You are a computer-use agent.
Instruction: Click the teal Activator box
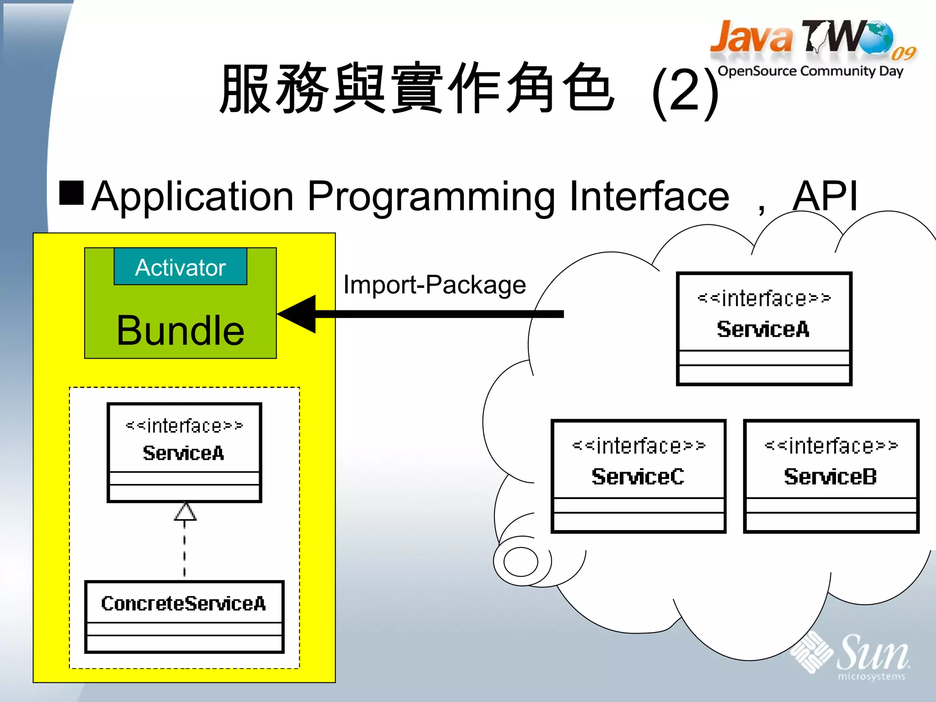click(x=180, y=267)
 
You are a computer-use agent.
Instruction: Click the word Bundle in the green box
click(x=180, y=330)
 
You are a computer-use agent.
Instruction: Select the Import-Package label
click(x=434, y=285)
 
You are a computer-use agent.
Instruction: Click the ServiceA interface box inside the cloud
click(x=764, y=329)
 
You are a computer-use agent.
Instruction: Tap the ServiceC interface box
click(x=638, y=476)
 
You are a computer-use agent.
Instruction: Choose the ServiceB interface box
click(x=830, y=476)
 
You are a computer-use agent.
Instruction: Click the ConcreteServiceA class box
click(x=184, y=616)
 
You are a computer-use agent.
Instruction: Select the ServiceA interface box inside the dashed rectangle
click(x=184, y=452)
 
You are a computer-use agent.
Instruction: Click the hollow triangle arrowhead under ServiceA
click(x=185, y=513)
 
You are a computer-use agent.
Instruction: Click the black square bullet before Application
click(x=71, y=193)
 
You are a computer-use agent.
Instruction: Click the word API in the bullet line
click(x=825, y=197)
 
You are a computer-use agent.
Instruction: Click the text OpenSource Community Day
click(x=810, y=71)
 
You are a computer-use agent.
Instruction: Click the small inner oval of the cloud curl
click(x=521, y=562)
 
